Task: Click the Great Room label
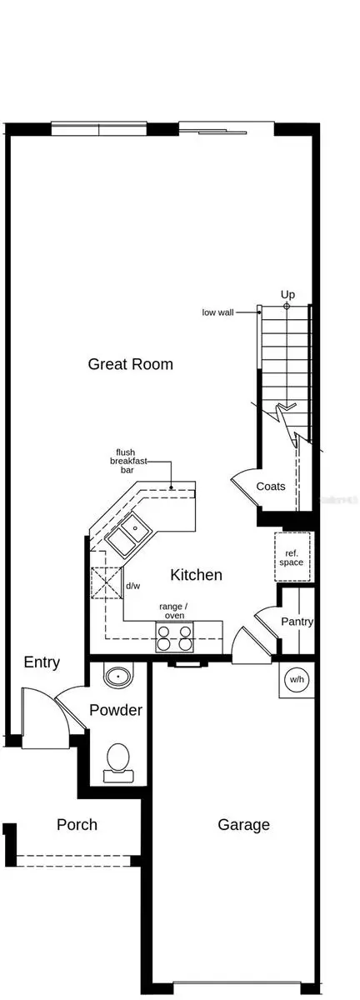(x=131, y=364)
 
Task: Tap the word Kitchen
(x=196, y=575)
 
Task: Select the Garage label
(x=243, y=825)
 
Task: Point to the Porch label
(x=77, y=825)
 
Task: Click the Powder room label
(x=116, y=711)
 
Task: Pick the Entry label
(x=42, y=662)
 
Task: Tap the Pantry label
(x=297, y=622)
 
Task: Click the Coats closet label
(x=271, y=487)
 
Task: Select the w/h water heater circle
(x=297, y=679)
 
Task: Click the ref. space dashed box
(x=292, y=557)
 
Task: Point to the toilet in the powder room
(x=117, y=762)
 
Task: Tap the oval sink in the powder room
(x=117, y=674)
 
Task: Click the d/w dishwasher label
(x=132, y=586)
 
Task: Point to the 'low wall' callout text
(x=217, y=312)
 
